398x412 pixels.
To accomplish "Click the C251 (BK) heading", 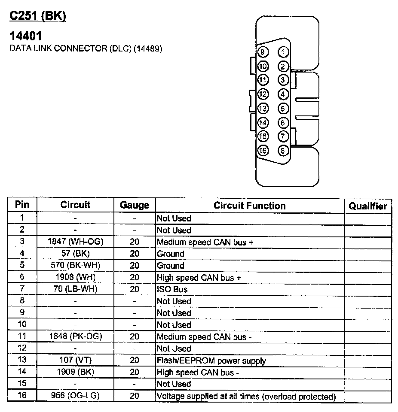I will coord(38,16).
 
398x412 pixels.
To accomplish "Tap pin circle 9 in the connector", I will coord(263,52).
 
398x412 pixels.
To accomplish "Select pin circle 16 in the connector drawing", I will coord(263,151).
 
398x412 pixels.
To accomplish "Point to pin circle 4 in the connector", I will coord(283,94).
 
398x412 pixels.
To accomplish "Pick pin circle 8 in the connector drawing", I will coord(283,151).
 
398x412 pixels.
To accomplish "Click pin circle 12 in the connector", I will coord(263,94).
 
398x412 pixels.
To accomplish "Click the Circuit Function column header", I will coord(249,206).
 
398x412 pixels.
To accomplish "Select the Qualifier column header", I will coord(367,206).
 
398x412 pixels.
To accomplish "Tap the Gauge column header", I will coord(135,206).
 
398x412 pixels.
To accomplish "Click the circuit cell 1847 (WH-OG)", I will coord(76,242).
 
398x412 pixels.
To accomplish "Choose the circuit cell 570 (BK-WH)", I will coord(76,266).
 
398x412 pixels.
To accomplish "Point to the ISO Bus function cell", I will coord(172,289).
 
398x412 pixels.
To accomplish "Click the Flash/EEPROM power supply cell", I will coord(211,360).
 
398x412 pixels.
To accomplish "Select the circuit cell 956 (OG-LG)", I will coord(76,396).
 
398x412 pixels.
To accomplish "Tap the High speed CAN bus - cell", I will coord(198,372).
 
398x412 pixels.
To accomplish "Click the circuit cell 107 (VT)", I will coord(76,360).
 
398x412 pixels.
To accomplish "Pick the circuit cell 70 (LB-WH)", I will coord(76,289).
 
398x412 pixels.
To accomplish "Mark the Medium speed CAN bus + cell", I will coord(205,242).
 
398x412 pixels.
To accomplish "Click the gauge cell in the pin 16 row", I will coord(135,396).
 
